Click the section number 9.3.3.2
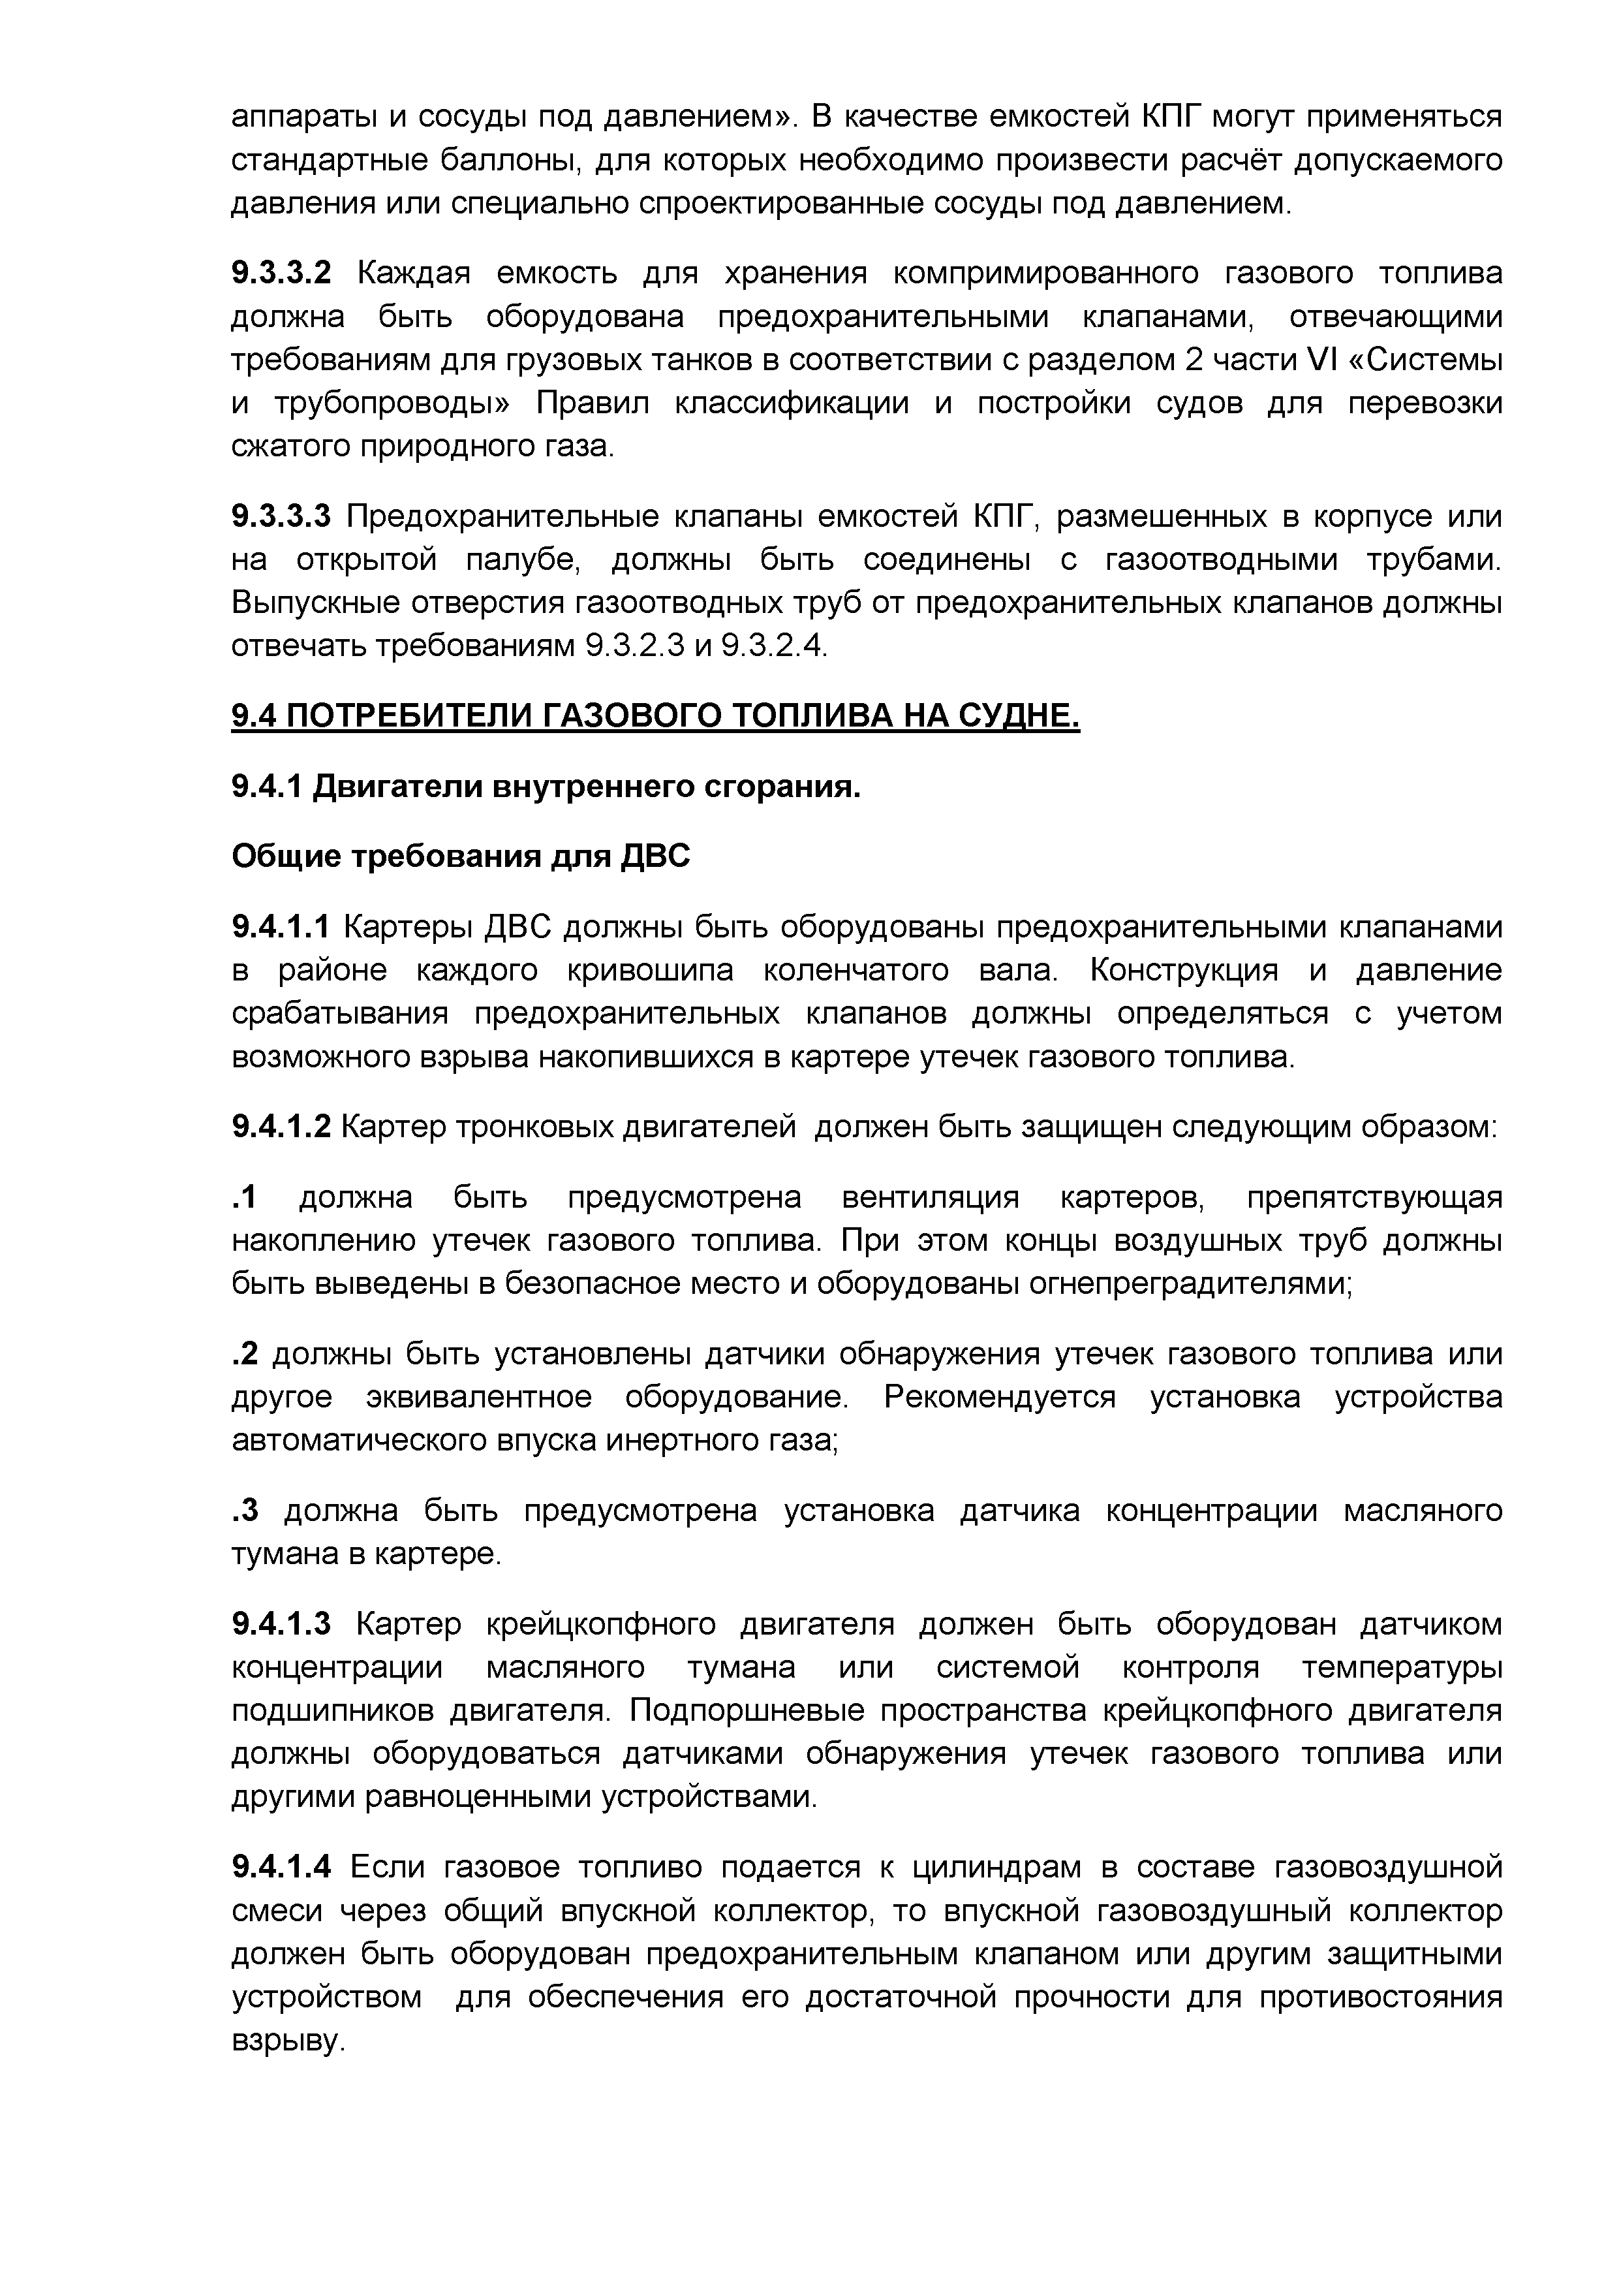coord(280,272)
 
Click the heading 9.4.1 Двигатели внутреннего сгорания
coord(546,787)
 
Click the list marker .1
coord(244,1197)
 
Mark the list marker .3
coord(244,1511)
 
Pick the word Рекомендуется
coord(1000,1398)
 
